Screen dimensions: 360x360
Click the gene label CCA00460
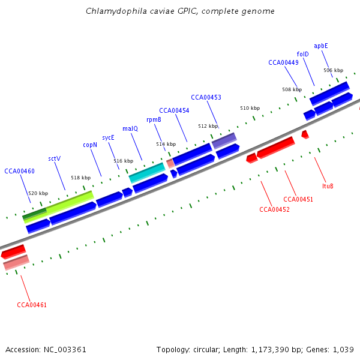(19, 171)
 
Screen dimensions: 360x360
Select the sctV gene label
(54, 158)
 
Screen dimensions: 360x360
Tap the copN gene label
(90, 145)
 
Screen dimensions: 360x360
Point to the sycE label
(108, 137)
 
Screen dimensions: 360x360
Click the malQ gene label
(130, 128)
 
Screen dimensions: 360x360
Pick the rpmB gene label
(154, 119)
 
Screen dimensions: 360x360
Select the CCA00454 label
(174, 110)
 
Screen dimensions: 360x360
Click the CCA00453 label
(206, 97)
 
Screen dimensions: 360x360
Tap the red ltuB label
(328, 186)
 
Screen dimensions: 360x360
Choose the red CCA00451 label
(298, 199)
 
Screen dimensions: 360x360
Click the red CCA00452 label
(274, 209)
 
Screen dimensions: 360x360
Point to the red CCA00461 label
(32, 305)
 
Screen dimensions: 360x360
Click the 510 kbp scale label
(250, 108)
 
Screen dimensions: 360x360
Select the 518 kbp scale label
(80, 178)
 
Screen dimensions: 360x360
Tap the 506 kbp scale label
(333, 70)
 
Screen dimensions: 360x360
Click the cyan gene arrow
(147, 173)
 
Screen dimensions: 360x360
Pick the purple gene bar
(224, 141)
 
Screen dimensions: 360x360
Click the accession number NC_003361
(62, 349)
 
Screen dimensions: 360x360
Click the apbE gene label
(321, 46)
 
